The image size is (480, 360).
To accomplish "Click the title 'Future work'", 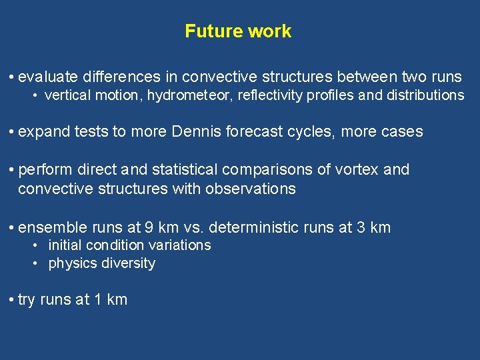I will pos(238,31).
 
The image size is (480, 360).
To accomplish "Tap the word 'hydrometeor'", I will pos(185,95).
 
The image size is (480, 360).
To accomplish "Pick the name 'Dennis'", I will pos(198,131).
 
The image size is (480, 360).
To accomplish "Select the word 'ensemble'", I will pos(50,227).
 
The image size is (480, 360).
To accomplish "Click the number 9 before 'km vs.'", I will pos(149,227).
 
